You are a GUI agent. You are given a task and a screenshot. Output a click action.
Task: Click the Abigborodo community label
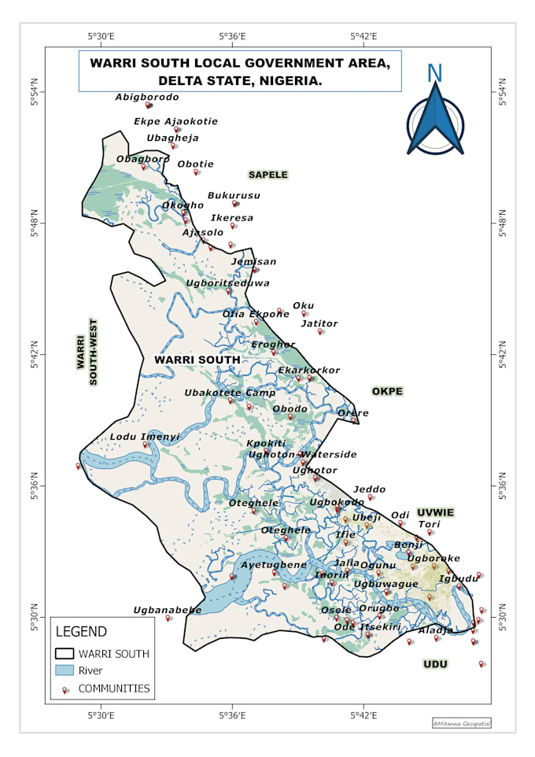147,98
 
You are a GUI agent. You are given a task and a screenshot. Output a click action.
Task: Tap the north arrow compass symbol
435,118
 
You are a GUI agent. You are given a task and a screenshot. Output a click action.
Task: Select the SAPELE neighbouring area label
268,175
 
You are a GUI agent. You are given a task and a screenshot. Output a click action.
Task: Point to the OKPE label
387,391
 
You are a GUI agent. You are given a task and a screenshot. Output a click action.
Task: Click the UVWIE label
435,512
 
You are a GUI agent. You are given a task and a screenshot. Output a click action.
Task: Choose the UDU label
435,664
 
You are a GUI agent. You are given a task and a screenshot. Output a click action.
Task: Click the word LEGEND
81,632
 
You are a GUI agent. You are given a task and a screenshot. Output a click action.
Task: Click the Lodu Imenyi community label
145,437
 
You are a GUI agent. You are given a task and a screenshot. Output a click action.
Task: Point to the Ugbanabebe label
168,610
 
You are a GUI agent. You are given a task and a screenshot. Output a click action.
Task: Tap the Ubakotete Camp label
231,393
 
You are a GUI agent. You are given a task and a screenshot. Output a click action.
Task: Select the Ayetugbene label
274,565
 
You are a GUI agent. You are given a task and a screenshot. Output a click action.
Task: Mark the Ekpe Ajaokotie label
175,122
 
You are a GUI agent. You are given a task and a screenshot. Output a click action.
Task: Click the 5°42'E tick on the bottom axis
363,715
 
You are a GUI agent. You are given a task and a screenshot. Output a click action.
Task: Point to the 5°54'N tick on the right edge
503,92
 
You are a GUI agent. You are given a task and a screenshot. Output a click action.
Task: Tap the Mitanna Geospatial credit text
462,722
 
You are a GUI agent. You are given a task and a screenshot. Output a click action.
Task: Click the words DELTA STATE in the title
201,80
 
